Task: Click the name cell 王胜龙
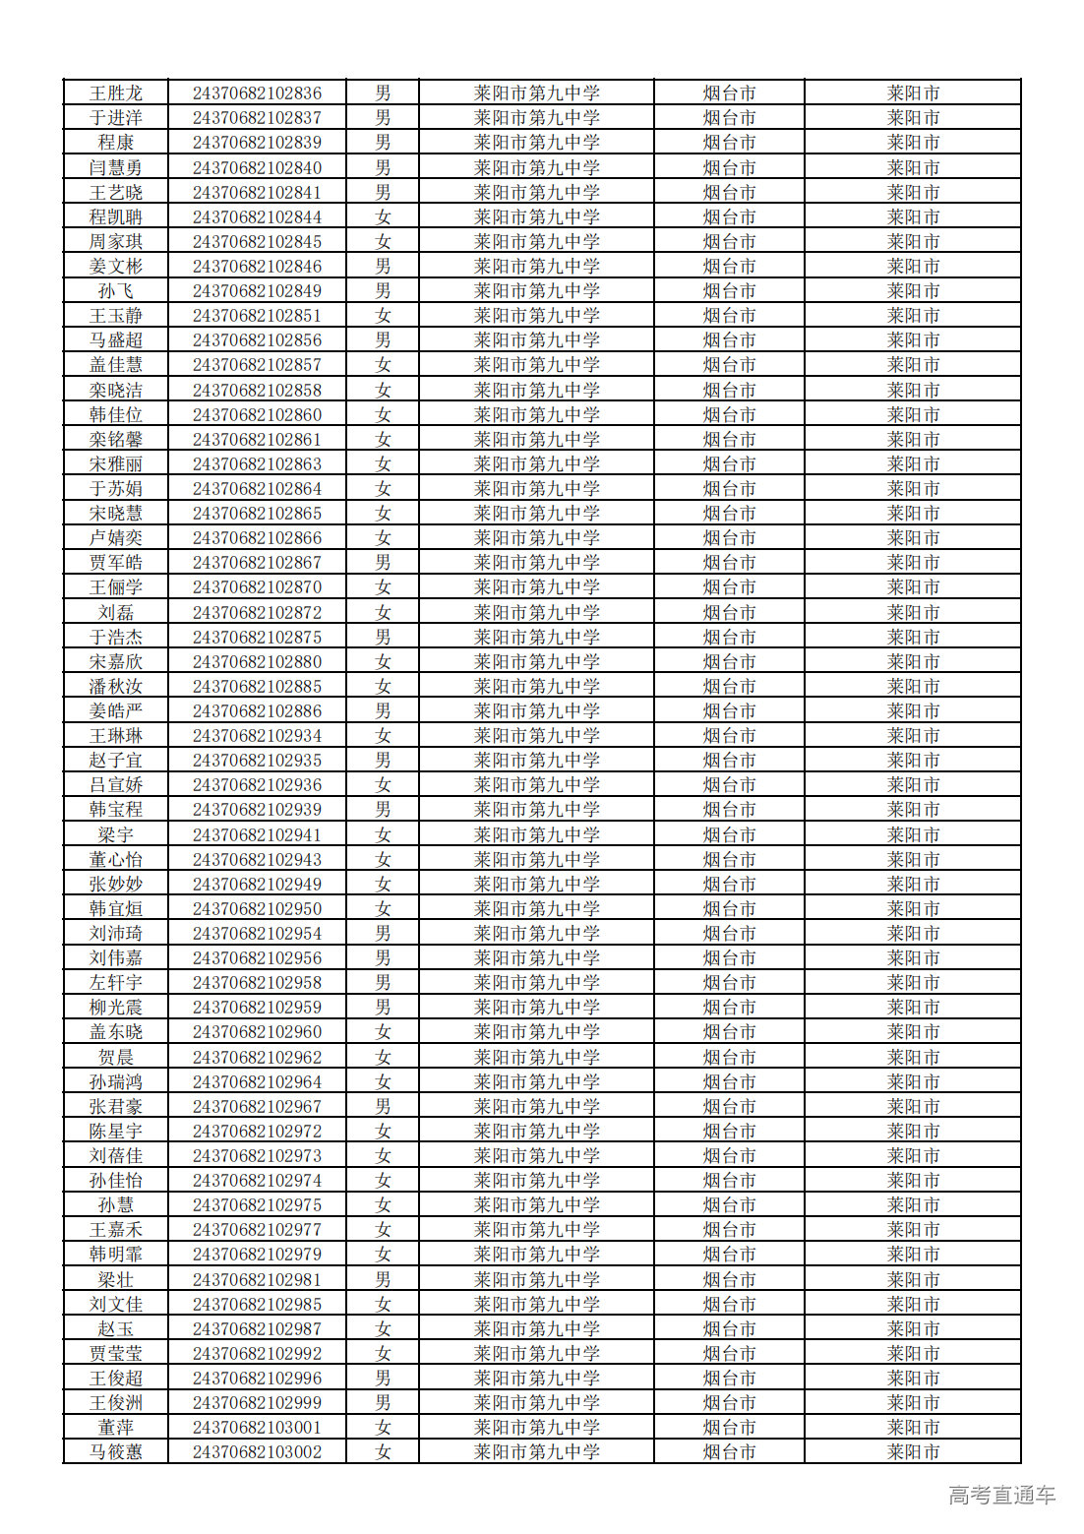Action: [116, 93]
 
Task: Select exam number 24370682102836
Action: [257, 93]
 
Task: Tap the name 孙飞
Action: [116, 291]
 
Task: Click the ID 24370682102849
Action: [257, 291]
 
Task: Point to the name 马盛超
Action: [116, 340]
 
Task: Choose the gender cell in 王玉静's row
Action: [383, 316]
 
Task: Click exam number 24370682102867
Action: [257, 563]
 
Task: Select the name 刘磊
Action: [116, 612]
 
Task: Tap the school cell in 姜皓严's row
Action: [536, 711]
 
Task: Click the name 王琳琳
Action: [116, 736]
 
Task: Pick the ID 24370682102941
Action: [257, 834]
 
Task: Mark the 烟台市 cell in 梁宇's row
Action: [729, 834]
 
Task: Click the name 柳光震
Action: [116, 1008]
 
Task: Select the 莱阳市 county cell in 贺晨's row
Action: [913, 1057]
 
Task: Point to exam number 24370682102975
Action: [257, 1205]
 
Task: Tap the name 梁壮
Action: [116, 1279]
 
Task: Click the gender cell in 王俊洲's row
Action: [383, 1403]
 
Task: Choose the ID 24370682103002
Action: [257, 1452]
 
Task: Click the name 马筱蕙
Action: [116, 1452]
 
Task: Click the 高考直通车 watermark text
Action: [1001, 1496]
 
